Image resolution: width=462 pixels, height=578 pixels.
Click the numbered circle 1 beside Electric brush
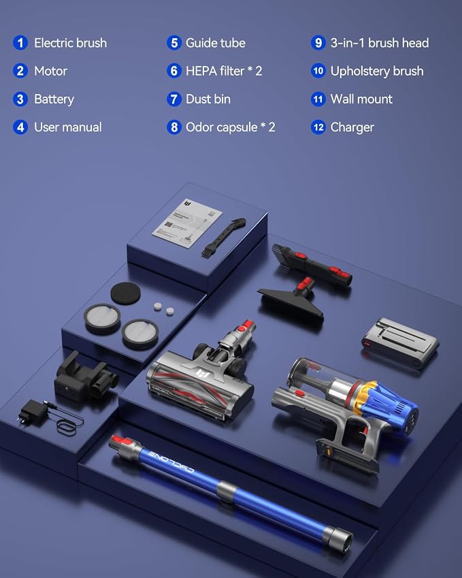coord(20,43)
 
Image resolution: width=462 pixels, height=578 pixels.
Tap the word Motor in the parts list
coord(50,71)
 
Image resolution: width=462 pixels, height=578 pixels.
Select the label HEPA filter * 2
coord(224,71)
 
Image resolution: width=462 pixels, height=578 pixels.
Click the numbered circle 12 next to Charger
coord(318,127)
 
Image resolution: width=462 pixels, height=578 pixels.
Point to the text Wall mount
coord(361,99)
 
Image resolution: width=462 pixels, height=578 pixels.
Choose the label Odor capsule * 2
coord(230,127)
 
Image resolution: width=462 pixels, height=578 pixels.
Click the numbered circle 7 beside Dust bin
coord(174,99)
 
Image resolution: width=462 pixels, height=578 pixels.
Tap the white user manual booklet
coord(187,224)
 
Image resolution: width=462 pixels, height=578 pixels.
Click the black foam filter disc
coord(125,293)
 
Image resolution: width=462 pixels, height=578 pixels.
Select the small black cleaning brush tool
coord(222,238)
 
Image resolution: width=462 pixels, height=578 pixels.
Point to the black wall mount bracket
coord(86,377)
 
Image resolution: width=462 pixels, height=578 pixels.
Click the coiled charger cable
coord(69,424)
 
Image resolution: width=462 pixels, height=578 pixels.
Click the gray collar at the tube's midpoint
coord(227,492)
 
